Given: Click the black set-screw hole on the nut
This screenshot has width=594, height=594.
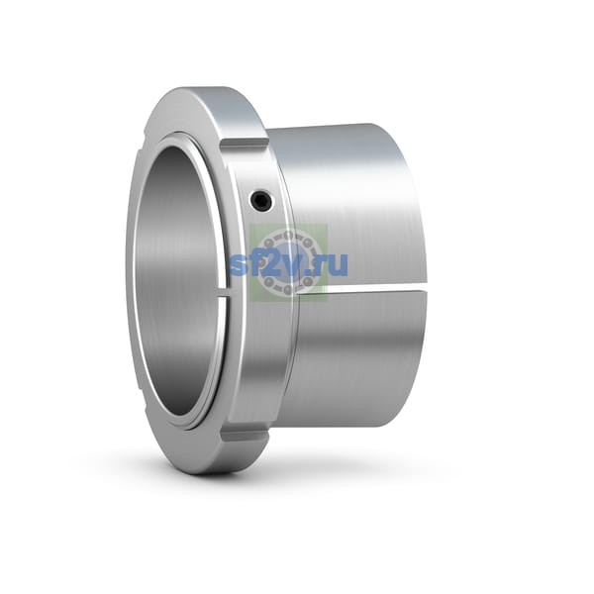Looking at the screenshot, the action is pos(261,200).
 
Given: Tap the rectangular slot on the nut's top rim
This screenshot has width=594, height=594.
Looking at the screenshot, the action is pos(245,146).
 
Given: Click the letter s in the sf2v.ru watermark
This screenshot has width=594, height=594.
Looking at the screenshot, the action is pos(240,265).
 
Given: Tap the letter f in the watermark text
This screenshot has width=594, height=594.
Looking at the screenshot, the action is pos(255,262).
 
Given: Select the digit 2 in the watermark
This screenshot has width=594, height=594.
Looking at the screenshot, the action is pos(270,263).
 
